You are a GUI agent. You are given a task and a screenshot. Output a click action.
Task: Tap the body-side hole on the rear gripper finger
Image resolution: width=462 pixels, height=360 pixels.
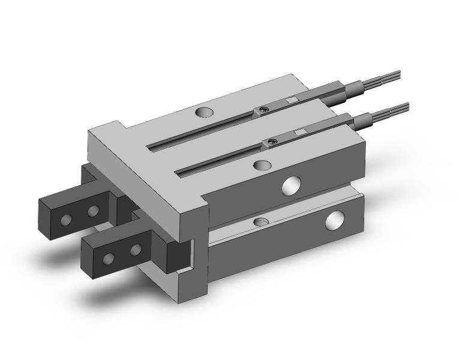92,211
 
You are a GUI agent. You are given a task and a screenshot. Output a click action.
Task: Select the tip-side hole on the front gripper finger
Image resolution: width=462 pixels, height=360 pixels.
108,259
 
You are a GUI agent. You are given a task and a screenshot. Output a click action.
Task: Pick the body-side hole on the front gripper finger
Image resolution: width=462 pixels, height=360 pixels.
136,248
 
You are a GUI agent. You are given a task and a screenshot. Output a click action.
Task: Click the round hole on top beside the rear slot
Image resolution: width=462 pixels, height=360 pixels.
204,112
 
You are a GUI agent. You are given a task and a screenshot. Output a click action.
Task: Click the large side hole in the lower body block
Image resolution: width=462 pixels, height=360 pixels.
335,221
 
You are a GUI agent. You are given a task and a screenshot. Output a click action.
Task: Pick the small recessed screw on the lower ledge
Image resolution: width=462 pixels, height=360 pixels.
259,222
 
